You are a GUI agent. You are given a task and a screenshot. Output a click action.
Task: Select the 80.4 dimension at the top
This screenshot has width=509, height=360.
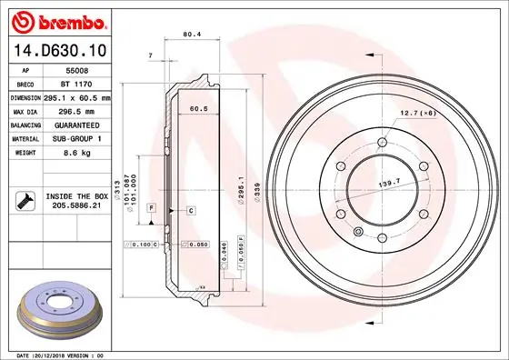(191, 35)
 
